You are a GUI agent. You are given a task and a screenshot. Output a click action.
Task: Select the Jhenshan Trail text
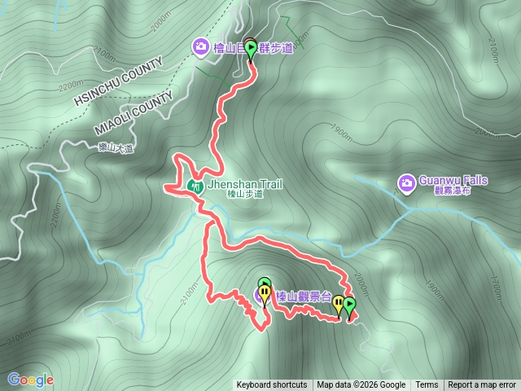point(245,184)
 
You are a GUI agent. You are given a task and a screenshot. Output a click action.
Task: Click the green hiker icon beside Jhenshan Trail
point(195,186)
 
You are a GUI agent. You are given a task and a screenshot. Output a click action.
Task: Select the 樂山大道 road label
point(109,147)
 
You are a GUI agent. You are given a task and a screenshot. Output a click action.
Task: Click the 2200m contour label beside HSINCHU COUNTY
point(72,84)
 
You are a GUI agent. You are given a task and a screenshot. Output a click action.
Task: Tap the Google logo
point(30,380)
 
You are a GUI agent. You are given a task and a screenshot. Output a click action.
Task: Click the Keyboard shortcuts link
point(272,385)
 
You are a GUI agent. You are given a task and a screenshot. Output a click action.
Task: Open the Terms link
point(427,385)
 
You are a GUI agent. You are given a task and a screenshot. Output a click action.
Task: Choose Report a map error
point(482,385)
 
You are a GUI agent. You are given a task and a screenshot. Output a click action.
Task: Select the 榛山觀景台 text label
point(303,296)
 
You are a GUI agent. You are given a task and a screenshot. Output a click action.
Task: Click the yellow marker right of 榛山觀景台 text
point(338,305)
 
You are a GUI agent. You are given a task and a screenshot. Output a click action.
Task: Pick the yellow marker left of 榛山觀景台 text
point(265,293)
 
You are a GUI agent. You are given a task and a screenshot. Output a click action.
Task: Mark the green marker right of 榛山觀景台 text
point(349,306)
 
